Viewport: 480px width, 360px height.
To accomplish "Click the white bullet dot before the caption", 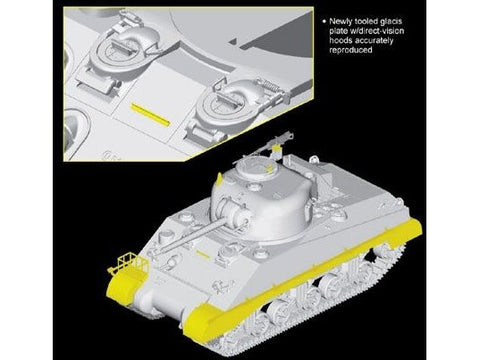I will pos(324,21).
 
